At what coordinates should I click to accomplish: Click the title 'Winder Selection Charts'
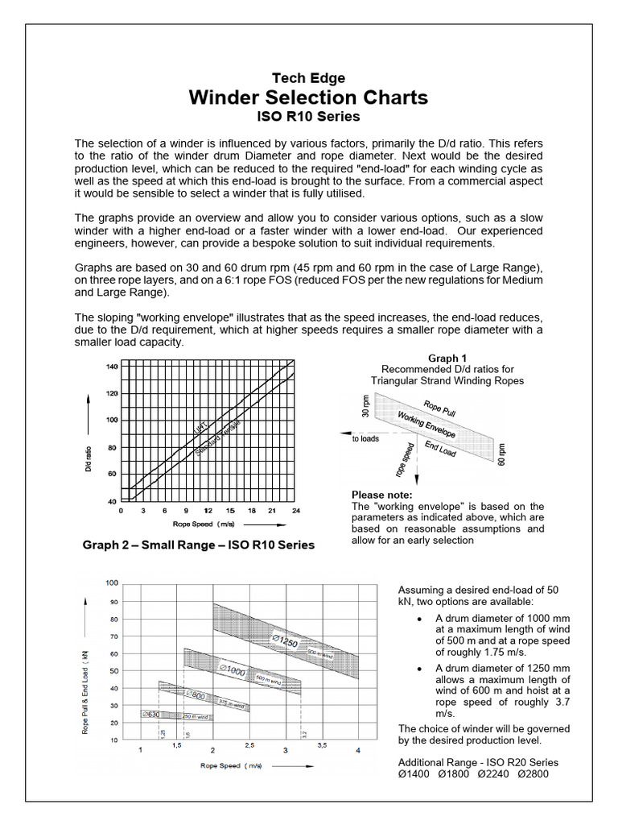308,97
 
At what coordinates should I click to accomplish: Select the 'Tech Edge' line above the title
308,78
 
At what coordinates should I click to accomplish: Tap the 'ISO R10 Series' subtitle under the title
308,116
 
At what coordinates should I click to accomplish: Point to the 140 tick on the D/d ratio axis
111,367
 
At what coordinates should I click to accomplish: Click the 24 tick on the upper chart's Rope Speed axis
296,511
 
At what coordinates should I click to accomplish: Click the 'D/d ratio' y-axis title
89,433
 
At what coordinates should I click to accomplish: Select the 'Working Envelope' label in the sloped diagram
426,424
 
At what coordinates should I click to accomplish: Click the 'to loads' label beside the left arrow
366,439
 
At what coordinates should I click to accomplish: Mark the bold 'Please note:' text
382,494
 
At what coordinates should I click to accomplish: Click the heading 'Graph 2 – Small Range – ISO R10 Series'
199,545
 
